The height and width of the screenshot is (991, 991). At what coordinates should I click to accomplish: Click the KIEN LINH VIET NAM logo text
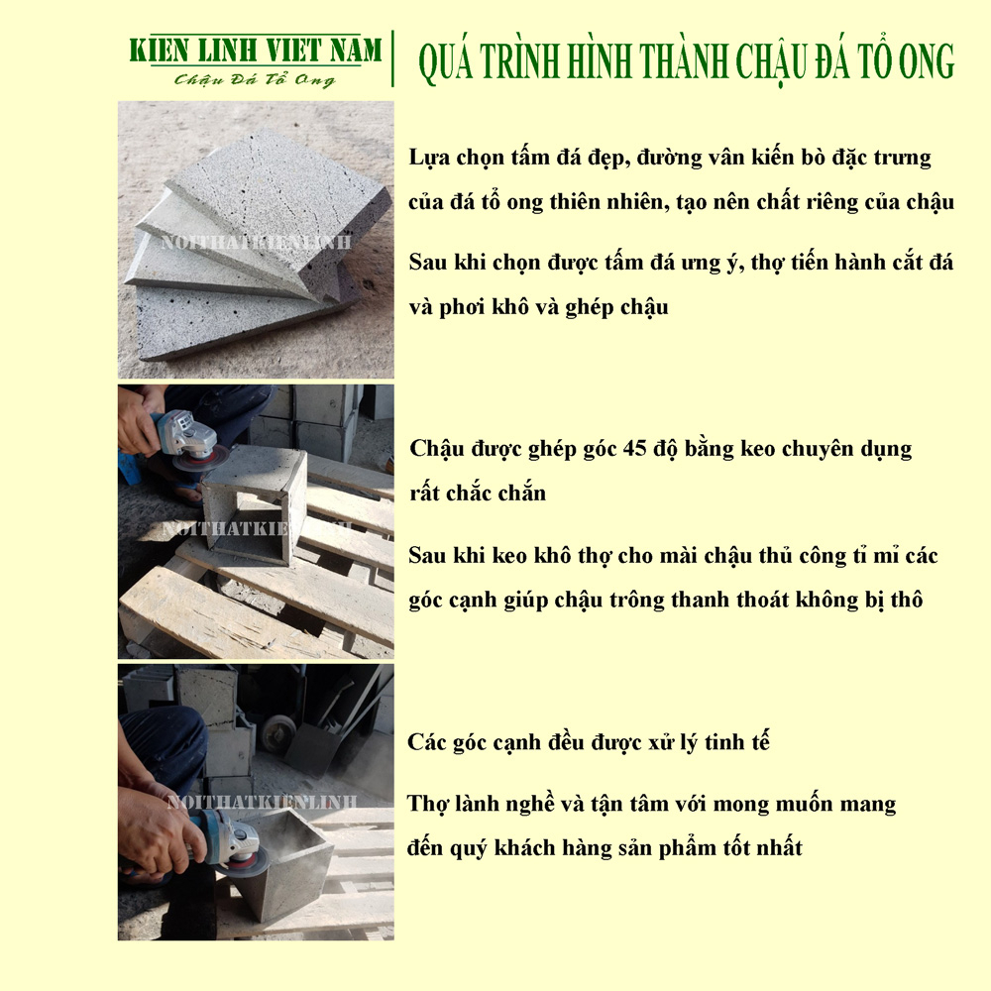(x=256, y=51)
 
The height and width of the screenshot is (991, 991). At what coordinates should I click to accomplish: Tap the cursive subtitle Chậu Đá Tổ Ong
(x=255, y=79)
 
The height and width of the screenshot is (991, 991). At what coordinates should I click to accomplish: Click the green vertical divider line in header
(x=393, y=58)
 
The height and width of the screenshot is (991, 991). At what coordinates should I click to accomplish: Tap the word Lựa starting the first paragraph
(x=429, y=157)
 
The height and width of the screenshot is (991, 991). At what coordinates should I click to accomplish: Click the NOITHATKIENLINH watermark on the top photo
(x=256, y=242)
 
